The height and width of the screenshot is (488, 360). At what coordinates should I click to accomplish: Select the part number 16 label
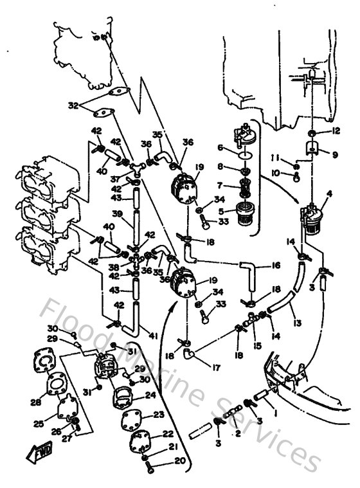point(275,264)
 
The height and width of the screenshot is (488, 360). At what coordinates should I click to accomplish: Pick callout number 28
point(35,403)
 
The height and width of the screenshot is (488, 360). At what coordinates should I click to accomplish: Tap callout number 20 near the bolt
point(161,462)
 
